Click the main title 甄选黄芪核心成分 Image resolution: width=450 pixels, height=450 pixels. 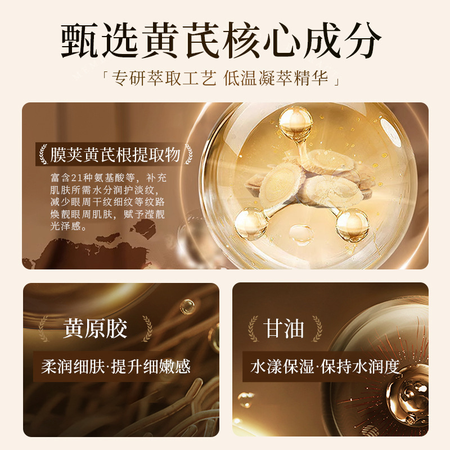point(220,41)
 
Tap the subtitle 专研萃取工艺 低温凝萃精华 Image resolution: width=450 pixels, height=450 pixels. point(220,78)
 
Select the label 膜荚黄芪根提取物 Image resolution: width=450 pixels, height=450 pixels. point(115,155)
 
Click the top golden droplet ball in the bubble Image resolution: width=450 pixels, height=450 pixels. point(296,124)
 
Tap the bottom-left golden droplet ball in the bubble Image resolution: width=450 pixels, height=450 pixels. point(251,223)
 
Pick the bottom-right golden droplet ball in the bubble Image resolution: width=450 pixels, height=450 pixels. point(352,224)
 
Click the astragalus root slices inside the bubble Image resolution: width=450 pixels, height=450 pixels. point(304,180)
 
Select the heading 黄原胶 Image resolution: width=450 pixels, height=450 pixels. point(95,328)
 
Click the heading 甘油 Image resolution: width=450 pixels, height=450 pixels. point(285,328)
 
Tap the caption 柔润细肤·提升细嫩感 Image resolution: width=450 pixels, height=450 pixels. point(116,367)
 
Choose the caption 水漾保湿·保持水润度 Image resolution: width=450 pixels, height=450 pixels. point(325,367)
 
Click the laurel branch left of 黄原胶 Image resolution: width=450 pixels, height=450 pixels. point(44,329)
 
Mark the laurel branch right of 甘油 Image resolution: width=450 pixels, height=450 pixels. point(317,328)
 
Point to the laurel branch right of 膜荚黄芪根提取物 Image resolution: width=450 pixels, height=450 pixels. point(188,154)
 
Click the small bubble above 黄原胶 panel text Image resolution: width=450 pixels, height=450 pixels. point(187,307)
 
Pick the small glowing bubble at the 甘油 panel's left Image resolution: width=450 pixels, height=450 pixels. point(245,399)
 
